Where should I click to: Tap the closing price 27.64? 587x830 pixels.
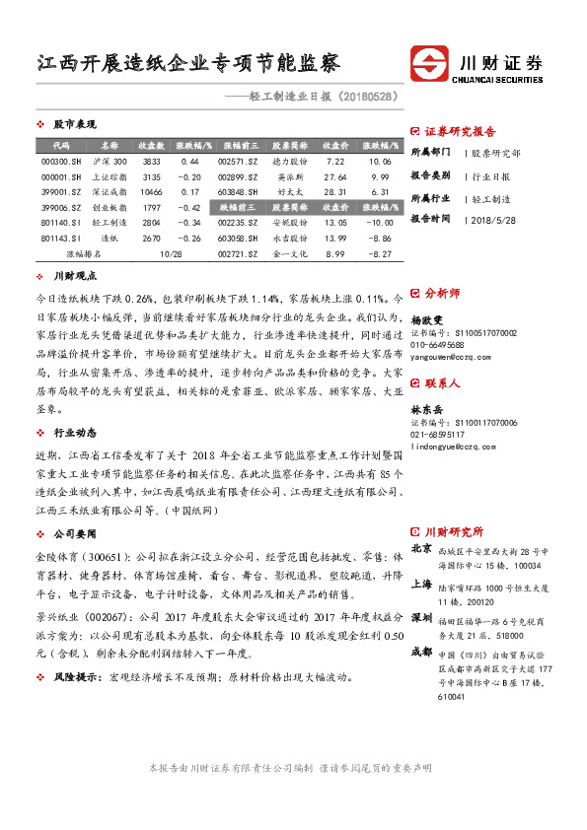pos(334,176)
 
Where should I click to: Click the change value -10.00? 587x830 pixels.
pos(379,223)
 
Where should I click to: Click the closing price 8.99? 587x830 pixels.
pos(334,254)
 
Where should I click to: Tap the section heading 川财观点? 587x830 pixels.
pos(74,279)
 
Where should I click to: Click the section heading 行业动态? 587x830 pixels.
pos(74,404)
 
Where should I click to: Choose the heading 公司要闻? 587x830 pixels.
pos(74,504)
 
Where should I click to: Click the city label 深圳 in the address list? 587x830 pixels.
pos(421,588)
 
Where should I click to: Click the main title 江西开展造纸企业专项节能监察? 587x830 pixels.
pos(188,64)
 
